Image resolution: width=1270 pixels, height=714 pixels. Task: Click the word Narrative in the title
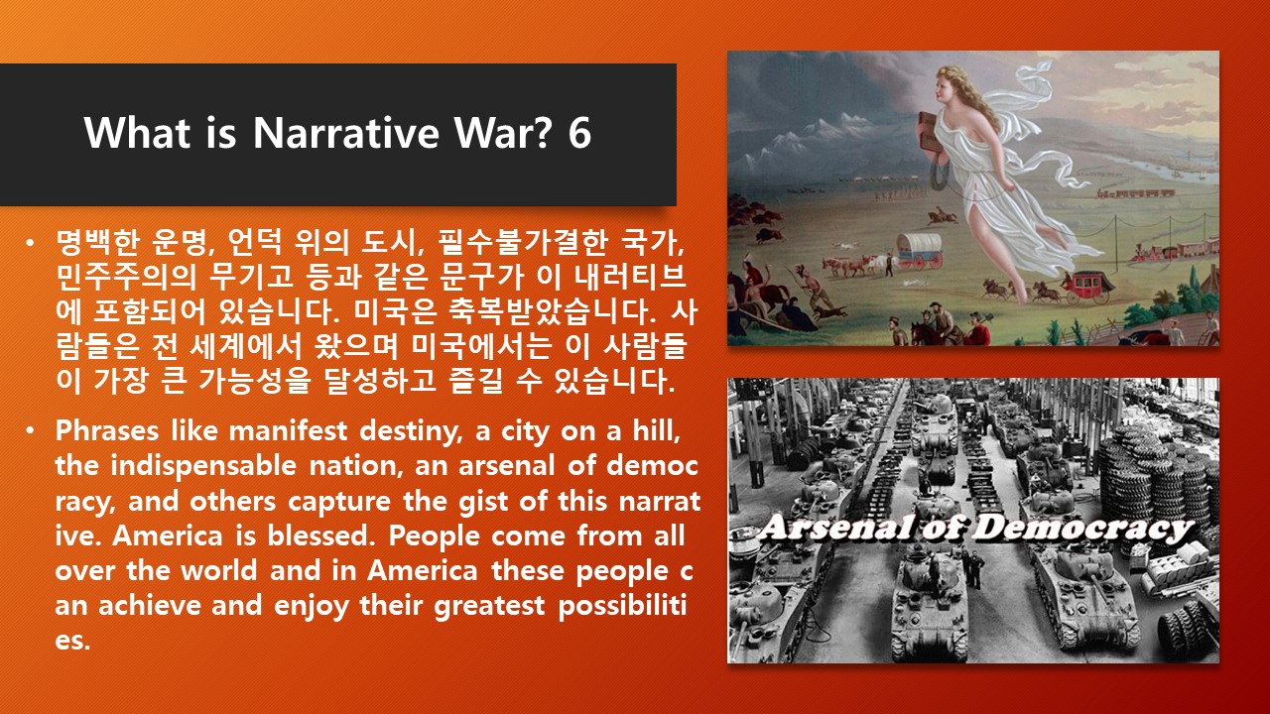coord(346,133)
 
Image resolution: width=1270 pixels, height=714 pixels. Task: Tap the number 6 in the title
coord(579,133)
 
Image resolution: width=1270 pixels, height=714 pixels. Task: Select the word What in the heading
coord(137,133)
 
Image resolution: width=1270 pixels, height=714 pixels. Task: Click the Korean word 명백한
coord(97,243)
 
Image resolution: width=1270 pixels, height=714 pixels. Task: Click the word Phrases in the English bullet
coord(107,430)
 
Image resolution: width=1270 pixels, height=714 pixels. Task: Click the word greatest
coord(489,606)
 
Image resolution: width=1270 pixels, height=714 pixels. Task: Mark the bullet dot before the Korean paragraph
coord(30,244)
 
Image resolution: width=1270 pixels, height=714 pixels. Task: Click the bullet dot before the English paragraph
coord(30,431)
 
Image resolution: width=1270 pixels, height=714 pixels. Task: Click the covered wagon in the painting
coord(920,250)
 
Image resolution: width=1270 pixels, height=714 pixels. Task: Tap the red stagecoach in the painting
coord(1085,287)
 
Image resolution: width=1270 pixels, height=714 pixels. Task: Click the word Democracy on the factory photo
coord(1081,530)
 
